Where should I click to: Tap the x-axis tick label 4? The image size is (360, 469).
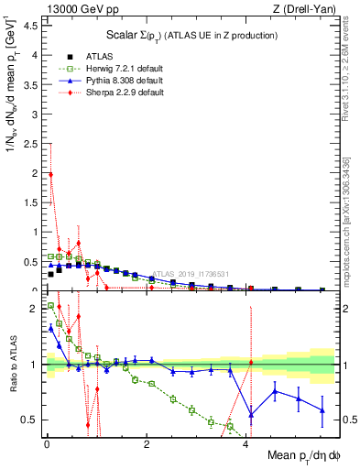click(246, 444)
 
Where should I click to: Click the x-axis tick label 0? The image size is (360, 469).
click(46, 444)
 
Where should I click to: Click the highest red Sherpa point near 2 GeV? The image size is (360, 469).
click(50, 174)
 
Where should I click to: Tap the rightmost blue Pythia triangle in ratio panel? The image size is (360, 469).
click(322, 410)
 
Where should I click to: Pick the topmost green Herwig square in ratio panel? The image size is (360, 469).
click(50, 305)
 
